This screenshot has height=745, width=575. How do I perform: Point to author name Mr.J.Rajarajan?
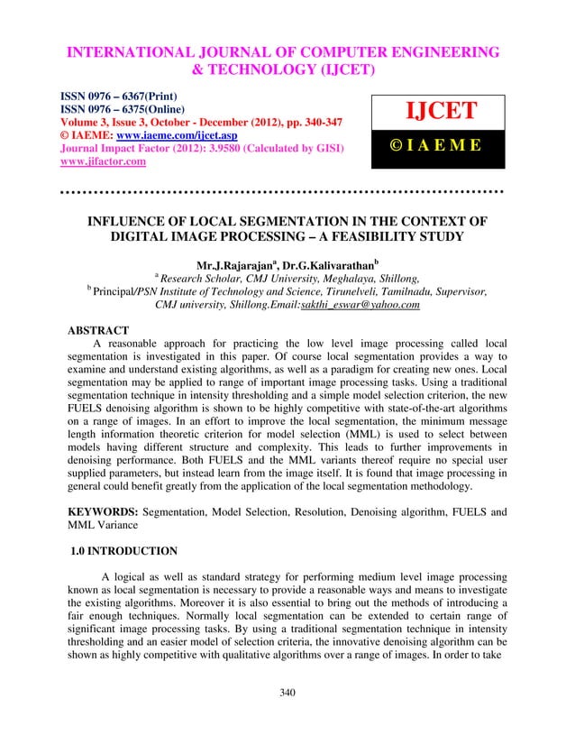pos(236,267)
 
